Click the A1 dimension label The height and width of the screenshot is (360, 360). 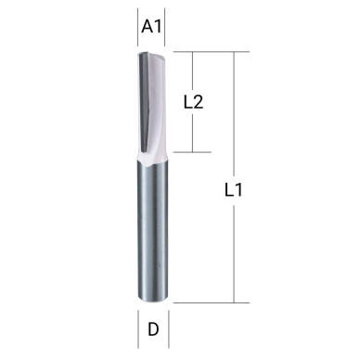152,27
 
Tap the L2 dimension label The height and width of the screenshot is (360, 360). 193,102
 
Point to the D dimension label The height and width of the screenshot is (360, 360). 153,328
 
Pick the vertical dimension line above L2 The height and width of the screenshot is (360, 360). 192,71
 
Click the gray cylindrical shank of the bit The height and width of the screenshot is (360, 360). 153,232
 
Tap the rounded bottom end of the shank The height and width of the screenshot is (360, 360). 153,299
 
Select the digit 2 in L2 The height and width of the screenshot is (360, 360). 199,102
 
